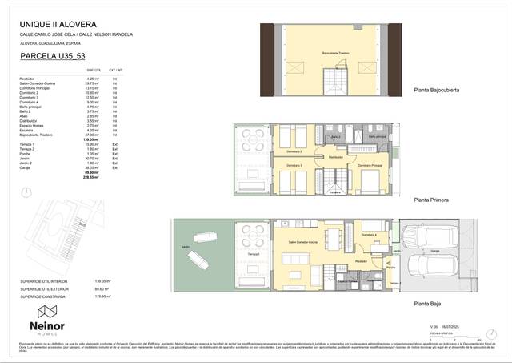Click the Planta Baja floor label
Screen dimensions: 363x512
coord(430,304)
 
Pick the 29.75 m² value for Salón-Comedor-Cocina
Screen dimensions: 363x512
coord(91,83)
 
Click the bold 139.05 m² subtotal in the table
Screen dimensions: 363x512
coord(90,140)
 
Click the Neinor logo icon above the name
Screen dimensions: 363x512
coord(47,311)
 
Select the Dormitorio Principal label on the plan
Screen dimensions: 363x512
coord(370,166)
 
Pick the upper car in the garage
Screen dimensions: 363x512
coord(421,236)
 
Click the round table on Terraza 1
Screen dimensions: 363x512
coord(255,234)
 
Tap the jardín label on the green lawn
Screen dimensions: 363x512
coord(185,247)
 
